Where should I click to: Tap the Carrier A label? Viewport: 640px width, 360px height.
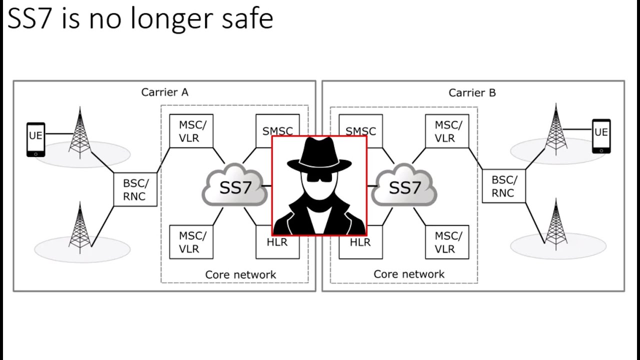(164, 92)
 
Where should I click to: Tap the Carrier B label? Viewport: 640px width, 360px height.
(472, 92)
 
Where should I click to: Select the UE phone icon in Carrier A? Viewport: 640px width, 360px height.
(35, 139)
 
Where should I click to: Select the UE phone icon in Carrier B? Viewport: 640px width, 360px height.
(601, 136)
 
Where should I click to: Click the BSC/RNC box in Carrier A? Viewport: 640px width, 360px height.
(135, 189)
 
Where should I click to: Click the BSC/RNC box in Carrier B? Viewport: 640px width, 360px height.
(503, 186)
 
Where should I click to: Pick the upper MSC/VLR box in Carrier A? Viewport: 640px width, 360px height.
(191, 131)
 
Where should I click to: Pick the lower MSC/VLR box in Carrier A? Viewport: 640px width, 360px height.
(191, 242)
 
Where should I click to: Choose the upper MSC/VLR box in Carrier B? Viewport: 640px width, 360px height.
(447, 131)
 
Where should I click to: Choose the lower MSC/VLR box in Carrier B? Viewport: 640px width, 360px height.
(447, 242)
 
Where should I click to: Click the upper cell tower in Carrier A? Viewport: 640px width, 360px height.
(80, 132)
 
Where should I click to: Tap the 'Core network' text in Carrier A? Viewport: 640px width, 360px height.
(240, 274)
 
